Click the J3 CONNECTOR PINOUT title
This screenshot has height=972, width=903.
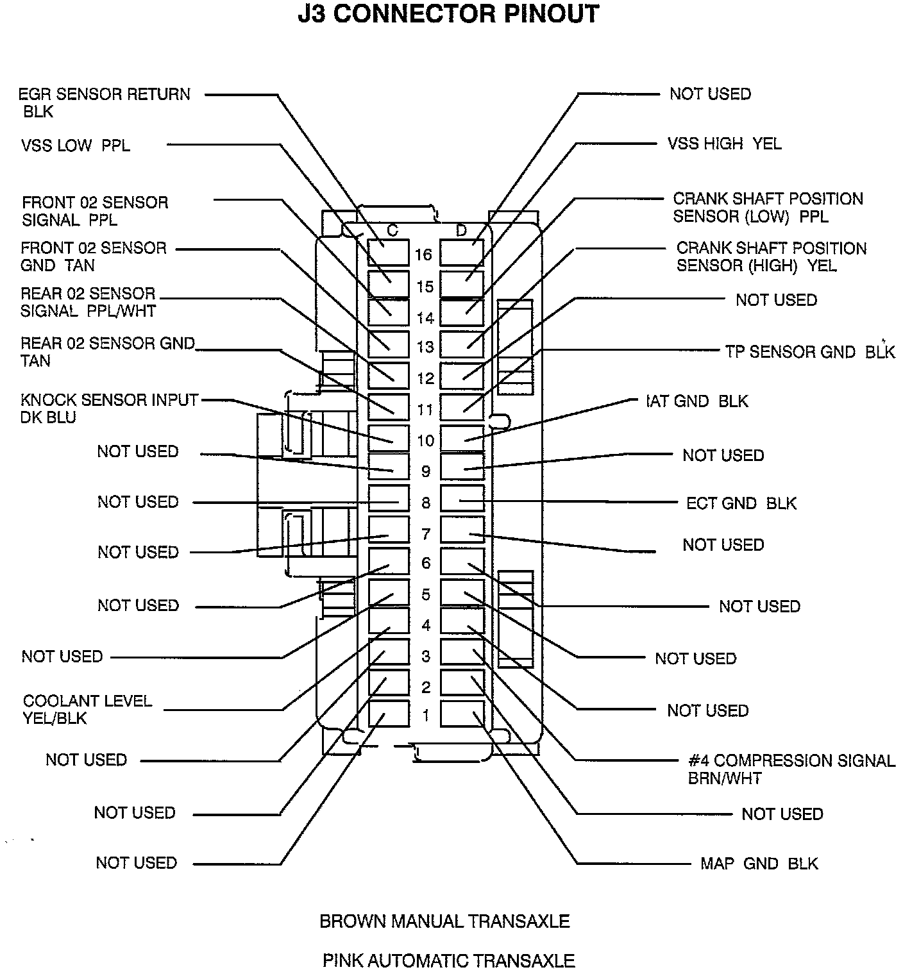tap(448, 13)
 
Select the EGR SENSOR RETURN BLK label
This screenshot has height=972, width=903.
tap(104, 103)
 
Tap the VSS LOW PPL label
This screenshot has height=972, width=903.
tap(75, 146)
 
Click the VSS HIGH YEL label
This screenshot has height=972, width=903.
tap(724, 144)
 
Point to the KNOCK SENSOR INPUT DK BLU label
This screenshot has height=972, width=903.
tap(109, 408)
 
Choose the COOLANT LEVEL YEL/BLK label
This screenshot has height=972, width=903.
tap(87, 709)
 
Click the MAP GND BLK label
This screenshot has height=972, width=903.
tap(759, 864)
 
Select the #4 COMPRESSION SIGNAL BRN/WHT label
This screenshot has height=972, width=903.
tap(791, 769)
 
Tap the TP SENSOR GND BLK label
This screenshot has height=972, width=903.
tap(809, 351)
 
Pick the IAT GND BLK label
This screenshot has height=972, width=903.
tap(698, 401)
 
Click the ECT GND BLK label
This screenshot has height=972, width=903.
tap(741, 503)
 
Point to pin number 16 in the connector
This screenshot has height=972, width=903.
tap(423, 255)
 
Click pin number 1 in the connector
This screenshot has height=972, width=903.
tap(426, 715)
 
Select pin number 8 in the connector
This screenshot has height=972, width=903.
tap(426, 503)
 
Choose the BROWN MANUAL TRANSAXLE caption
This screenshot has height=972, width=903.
tap(444, 921)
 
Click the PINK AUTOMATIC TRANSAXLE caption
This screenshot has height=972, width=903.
tap(448, 960)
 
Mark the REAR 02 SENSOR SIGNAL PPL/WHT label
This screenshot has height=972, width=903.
tap(89, 302)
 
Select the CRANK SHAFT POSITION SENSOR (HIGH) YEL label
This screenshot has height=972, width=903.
tap(771, 256)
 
